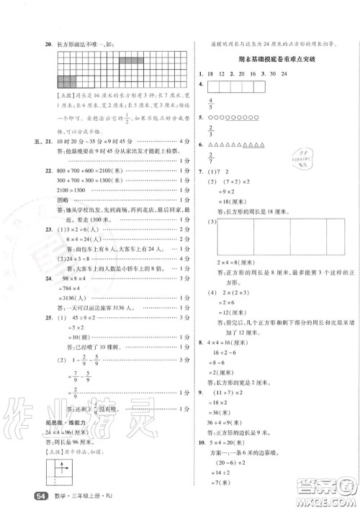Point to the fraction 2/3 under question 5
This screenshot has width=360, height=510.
coord(210,130)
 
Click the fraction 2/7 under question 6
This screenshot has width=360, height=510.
coord(210,158)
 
